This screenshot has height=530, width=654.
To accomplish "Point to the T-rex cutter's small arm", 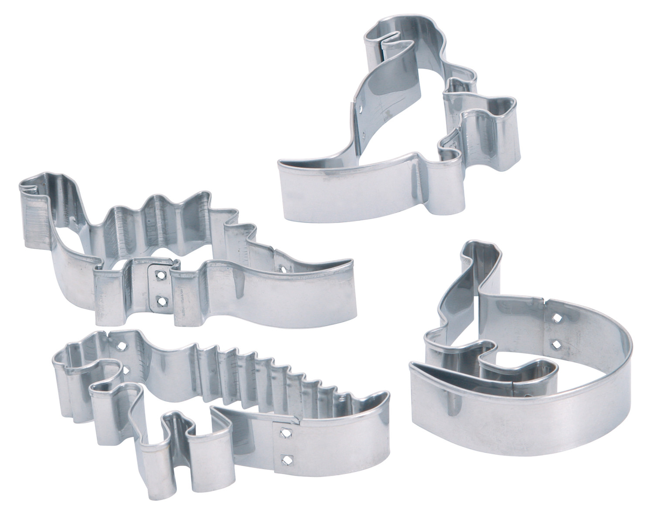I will [458, 87].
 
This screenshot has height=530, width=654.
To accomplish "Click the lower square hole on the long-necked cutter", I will [556, 345].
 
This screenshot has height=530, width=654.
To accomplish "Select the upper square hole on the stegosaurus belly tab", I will [162, 276].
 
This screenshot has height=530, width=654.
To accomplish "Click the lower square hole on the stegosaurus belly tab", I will [162, 300].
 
